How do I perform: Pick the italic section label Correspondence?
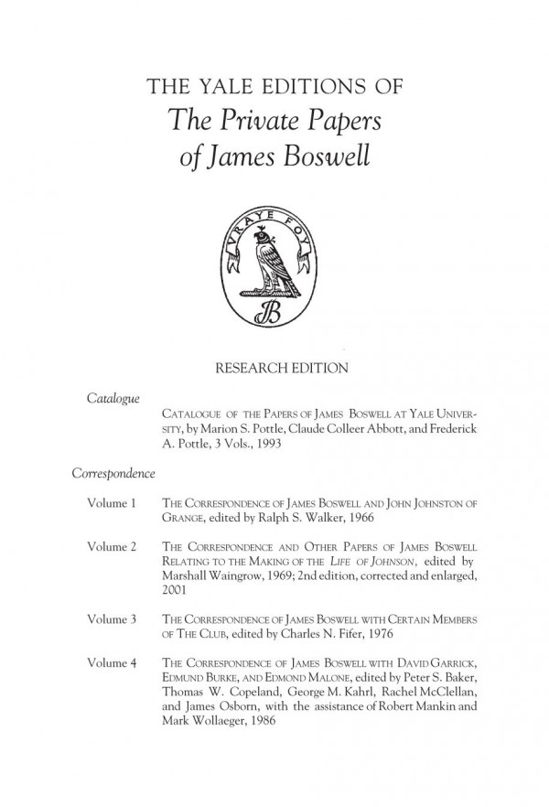click(x=112, y=474)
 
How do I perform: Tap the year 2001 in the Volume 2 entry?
click(x=172, y=590)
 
